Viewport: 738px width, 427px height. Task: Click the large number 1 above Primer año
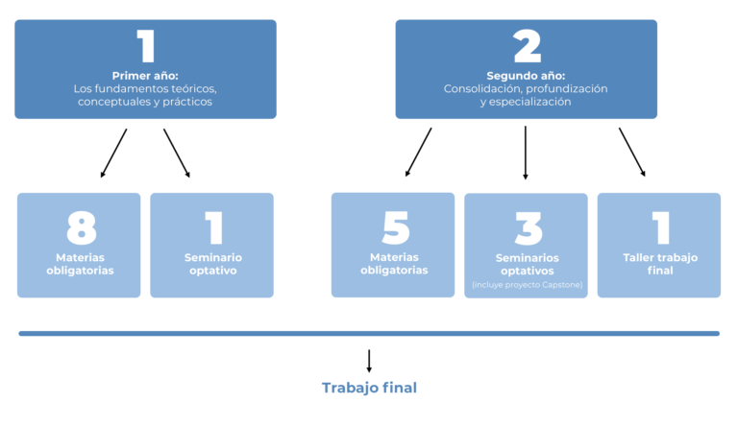(145, 46)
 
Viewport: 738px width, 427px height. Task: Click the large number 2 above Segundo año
(527, 46)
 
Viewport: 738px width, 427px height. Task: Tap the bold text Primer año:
(145, 76)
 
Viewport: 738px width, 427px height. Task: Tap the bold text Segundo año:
(526, 76)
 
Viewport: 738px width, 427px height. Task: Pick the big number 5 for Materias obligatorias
(394, 228)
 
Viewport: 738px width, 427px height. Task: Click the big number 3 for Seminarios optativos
(527, 228)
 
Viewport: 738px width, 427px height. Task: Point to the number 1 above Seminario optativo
(213, 228)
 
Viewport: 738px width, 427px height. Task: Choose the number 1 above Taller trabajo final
(660, 228)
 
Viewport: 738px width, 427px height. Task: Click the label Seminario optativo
(212, 264)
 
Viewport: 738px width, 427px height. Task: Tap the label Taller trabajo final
(660, 264)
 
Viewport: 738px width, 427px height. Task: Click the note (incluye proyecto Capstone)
(527, 285)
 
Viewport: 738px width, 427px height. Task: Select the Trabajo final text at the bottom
(369, 388)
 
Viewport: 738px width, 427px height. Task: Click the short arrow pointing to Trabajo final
(369, 361)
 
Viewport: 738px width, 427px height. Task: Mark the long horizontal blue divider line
(369, 334)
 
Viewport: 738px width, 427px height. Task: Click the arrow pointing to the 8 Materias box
(113, 154)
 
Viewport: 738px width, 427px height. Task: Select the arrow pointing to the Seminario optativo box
(177, 154)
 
